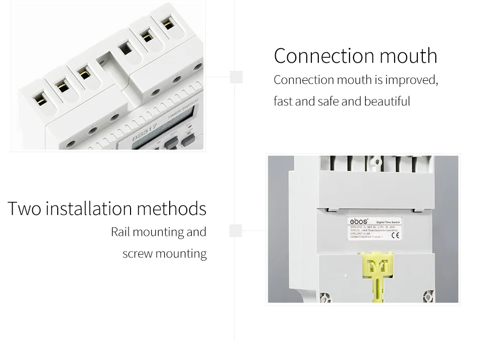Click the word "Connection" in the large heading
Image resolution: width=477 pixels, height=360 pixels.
click(323, 56)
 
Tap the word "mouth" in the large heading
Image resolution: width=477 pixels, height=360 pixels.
click(408, 56)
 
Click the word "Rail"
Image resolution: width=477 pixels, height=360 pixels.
click(121, 232)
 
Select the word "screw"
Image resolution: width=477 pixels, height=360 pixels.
click(137, 254)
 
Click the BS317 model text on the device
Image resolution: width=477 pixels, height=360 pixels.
click(145, 133)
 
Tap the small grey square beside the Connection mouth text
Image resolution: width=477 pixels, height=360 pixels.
click(236, 77)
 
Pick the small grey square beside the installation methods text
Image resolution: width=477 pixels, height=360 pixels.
click(235, 230)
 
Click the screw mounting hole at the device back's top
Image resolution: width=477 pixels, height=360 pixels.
click(374, 161)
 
